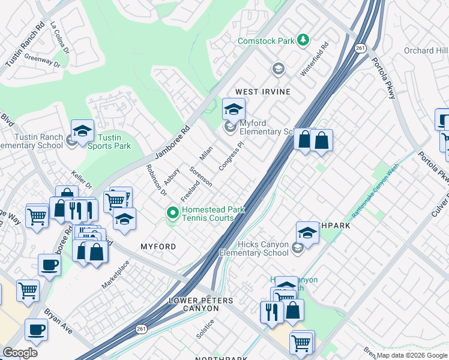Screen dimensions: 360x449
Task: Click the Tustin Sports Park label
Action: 113,142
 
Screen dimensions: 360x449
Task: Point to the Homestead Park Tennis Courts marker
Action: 173,212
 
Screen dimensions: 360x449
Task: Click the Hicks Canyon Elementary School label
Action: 254,248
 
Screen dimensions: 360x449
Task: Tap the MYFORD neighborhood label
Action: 158,247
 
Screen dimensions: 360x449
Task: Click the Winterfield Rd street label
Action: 315,58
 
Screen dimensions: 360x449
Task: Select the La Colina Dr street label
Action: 61,38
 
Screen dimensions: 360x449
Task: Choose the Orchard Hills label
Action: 426,50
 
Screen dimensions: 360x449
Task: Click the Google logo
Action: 20,353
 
